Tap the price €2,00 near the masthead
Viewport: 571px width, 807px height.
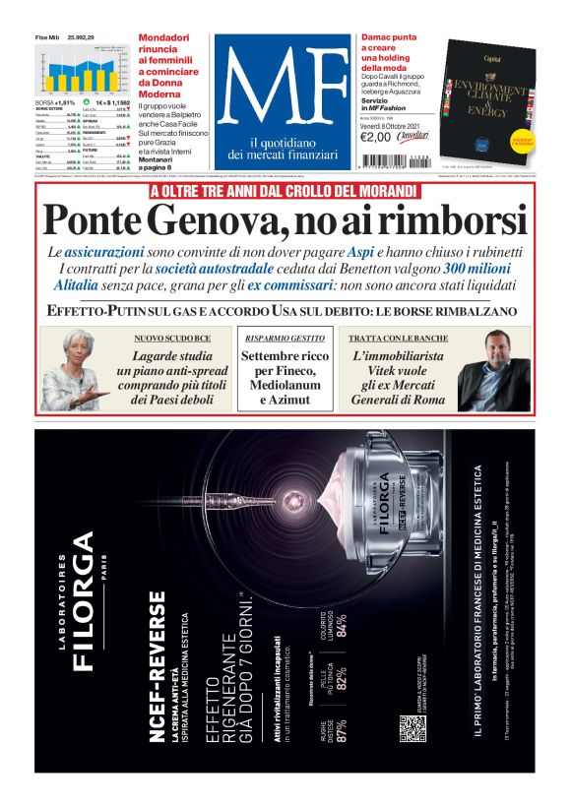coord(376,137)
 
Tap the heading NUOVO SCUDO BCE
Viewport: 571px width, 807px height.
coord(173,339)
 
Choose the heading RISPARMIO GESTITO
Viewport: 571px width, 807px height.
coord(285,338)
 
